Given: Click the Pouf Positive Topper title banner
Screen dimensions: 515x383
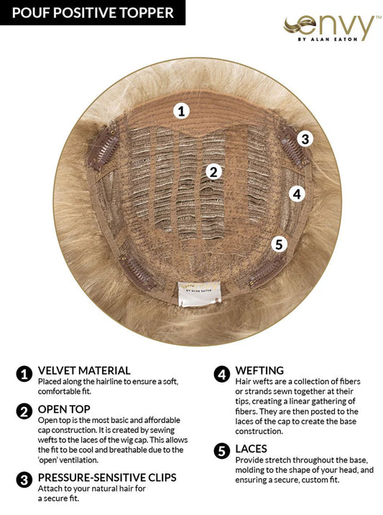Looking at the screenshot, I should coord(93,12).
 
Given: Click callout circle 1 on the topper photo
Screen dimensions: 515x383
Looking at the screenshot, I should coord(182,110).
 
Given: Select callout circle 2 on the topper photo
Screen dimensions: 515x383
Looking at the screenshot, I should coord(213,171).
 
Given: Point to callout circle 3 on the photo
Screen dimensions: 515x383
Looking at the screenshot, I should coord(305,139).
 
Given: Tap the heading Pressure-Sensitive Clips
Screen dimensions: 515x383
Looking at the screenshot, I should coord(106,478).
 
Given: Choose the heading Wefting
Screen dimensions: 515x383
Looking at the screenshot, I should coord(259,371).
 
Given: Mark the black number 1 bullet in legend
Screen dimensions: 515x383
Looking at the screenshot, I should coord(24,373).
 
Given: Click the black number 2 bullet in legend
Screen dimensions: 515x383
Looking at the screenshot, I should coord(24,411).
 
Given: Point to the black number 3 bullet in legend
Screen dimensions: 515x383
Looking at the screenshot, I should coord(24,479).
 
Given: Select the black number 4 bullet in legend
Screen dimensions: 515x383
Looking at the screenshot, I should coord(222,373).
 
